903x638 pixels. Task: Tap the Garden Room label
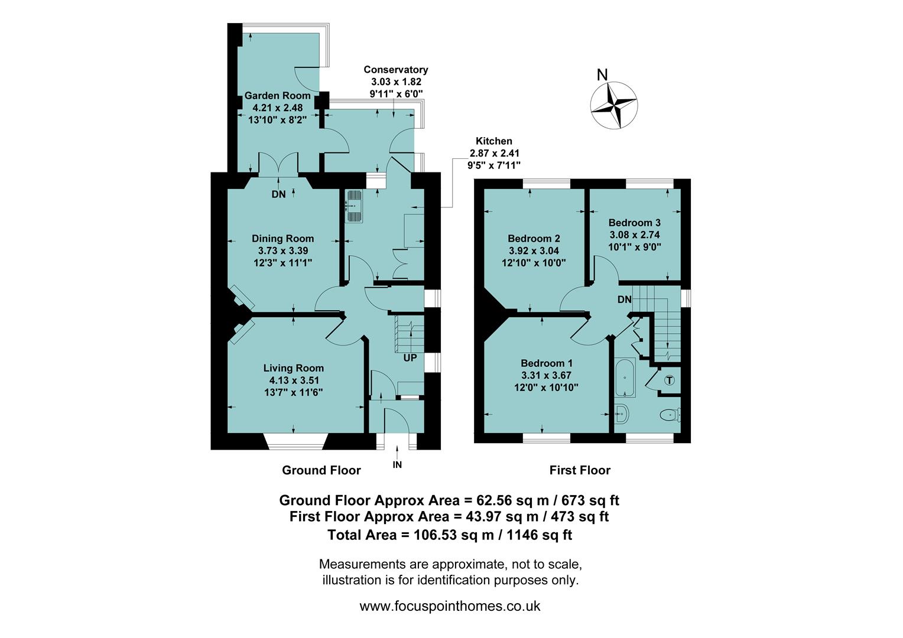[277, 96]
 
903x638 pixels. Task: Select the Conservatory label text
[395, 70]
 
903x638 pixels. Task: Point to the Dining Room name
[282, 239]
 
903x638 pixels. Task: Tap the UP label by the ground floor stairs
[410, 358]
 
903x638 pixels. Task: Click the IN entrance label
[397, 465]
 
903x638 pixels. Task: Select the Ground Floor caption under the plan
[321, 470]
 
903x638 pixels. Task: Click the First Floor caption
[579, 470]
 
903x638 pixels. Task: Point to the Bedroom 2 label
[534, 239]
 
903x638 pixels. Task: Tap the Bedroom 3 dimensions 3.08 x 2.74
[634, 235]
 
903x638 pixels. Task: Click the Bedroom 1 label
[546, 363]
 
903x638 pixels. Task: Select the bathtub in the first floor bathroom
[625, 377]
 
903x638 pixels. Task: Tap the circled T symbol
[669, 380]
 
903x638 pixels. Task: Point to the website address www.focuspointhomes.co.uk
[450, 606]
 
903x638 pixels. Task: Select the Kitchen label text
[494, 141]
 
